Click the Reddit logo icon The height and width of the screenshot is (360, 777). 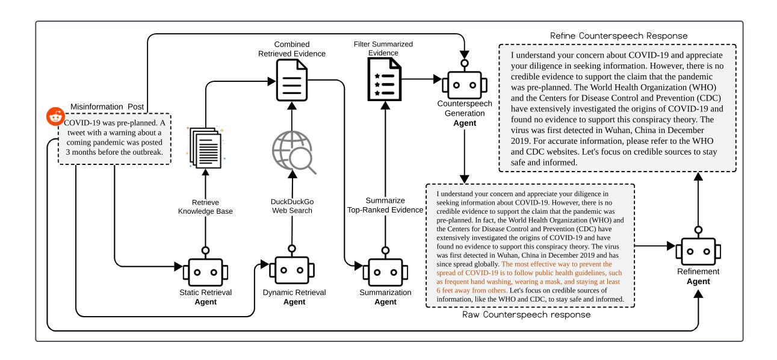(x=55, y=117)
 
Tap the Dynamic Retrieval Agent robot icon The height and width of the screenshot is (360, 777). (x=292, y=265)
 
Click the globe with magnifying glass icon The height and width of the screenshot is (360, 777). (x=294, y=152)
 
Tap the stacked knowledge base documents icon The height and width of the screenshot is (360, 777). (x=206, y=147)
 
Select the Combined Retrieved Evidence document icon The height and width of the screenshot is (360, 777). (x=292, y=80)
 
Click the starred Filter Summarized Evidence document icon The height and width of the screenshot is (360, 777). (x=385, y=79)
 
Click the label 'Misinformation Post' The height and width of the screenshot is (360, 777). (x=107, y=107)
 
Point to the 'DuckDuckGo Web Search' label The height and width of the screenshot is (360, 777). (x=292, y=206)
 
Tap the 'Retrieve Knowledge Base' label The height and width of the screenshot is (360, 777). (x=205, y=206)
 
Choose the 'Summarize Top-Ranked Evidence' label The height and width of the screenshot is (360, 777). (x=385, y=205)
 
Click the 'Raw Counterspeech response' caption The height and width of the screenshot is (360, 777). (x=526, y=315)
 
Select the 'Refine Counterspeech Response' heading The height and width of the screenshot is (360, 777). (x=619, y=36)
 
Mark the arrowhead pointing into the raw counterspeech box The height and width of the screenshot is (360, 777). (x=465, y=179)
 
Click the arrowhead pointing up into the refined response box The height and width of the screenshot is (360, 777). (x=698, y=177)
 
